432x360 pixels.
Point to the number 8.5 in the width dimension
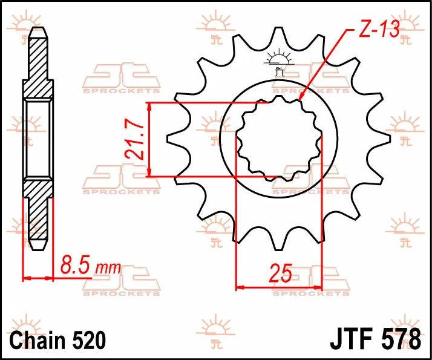point(74,265)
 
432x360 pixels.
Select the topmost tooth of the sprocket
point(279,36)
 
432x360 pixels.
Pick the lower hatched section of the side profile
point(38,215)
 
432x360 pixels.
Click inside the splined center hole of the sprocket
point(279,139)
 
